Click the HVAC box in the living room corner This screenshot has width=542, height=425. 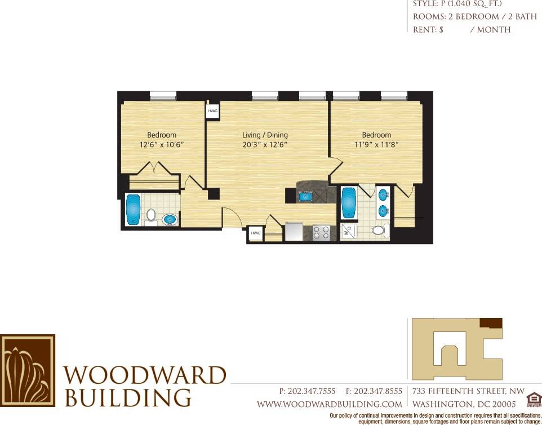tap(213, 111)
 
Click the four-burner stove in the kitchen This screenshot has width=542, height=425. tap(321, 232)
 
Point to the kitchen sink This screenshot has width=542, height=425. tap(306, 196)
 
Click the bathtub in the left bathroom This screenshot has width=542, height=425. tap(133, 210)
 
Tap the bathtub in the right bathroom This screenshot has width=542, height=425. tap(349, 204)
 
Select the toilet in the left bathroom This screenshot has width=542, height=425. tap(150, 216)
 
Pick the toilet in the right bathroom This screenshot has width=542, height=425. tap(379, 230)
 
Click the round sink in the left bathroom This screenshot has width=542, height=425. tap(169, 219)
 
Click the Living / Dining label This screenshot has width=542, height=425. tap(265, 135)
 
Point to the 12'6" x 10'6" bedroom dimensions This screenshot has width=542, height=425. tap(162, 145)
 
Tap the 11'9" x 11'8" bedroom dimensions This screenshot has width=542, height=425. tap(376, 145)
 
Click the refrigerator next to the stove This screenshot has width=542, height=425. tap(294, 232)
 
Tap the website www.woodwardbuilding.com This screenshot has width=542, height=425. tap(330, 404)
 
